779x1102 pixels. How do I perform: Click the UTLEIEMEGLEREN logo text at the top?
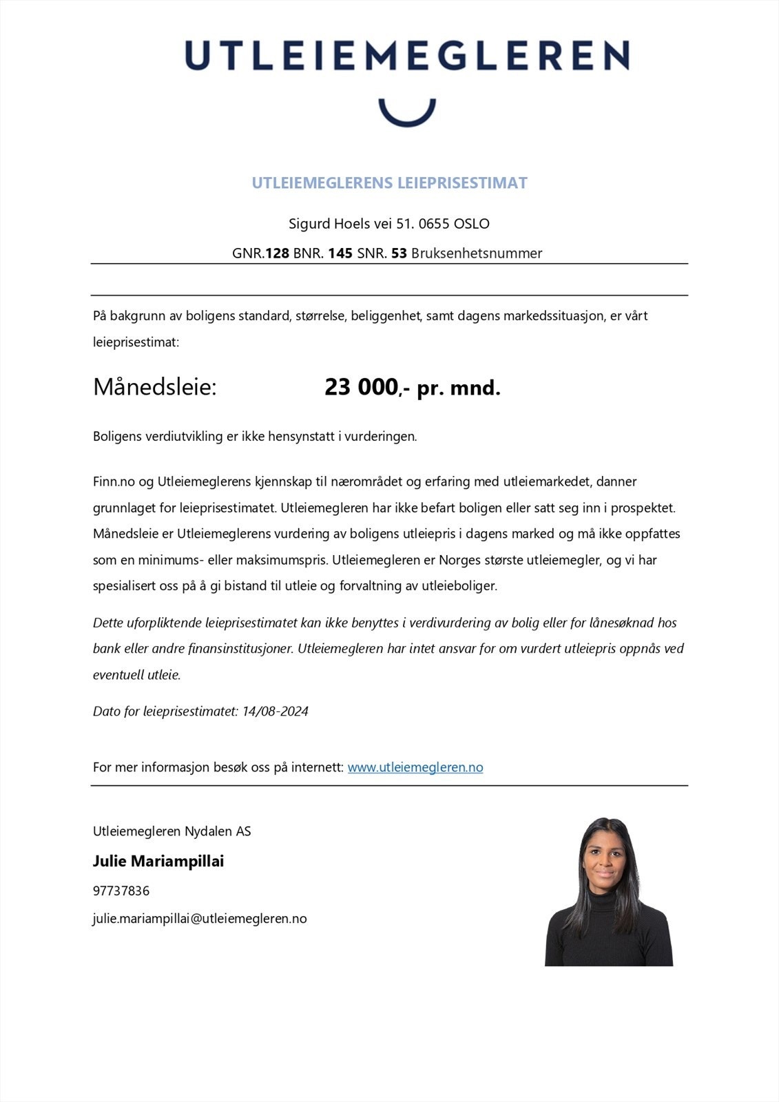click(x=406, y=55)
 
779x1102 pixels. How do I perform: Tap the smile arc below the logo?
click(x=407, y=118)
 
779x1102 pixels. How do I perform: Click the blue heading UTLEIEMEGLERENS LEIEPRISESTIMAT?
click(x=389, y=183)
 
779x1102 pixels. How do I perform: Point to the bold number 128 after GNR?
click(x=277, y=253)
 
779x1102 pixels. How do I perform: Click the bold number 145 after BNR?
click(x=340, y=253)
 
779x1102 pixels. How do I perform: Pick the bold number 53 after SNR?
click(x=399, y=253)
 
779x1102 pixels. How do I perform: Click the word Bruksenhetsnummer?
click(x=477, y=253)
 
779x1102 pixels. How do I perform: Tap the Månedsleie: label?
click(x=155, y=387)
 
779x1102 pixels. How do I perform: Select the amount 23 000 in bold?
click(x=361, y=388)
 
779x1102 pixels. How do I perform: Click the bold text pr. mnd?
click(x=459, y=388)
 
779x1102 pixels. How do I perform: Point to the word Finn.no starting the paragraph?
click(x=114, y=481)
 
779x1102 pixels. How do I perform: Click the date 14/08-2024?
click(x=275, y=711)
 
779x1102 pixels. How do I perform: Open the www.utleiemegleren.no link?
click(x=415, y=767)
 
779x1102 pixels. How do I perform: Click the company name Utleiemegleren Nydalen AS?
click(x=172, y=831)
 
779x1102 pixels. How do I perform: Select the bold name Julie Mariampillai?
click(x=158, y=862)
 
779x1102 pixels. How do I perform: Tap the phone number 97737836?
click(x=121, y=891)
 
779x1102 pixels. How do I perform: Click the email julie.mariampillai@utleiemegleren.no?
click(x=200, y=919)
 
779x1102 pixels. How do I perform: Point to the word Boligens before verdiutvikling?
click(x=117, y=437)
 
